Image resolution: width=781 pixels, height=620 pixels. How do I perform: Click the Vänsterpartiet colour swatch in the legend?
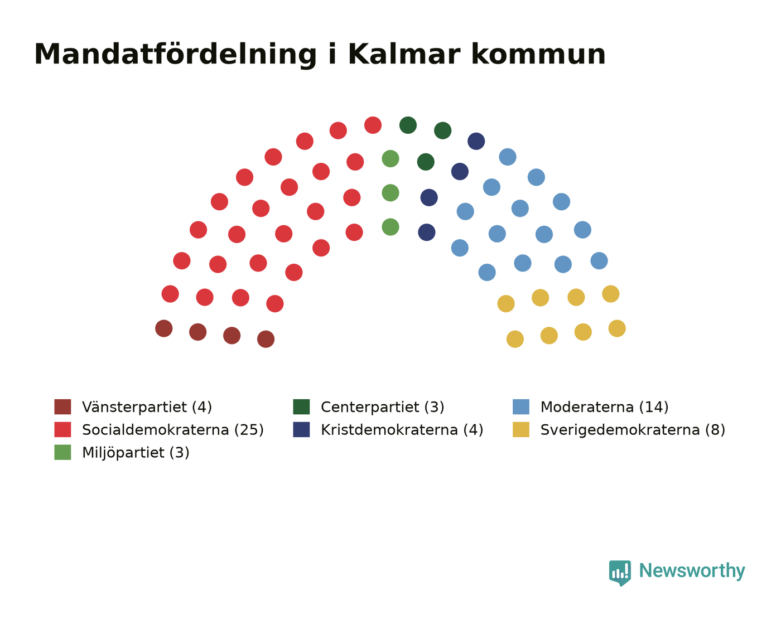coord(62,406)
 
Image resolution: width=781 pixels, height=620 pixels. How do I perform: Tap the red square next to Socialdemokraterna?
coord(62,429)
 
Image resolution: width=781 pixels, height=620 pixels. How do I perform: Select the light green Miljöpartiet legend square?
coord(62,452)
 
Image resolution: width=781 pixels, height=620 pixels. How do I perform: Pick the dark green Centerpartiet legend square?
coord(301,406)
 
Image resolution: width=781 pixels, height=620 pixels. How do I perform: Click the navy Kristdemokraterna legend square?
coord(301,429)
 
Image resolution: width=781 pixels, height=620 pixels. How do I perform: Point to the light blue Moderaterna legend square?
coord(521,406)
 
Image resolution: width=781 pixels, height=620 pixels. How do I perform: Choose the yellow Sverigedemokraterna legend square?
coord(521,429)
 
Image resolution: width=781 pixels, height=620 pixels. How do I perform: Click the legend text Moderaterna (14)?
coord(604,407)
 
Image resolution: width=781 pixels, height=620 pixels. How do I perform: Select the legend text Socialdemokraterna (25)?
coord(173,430)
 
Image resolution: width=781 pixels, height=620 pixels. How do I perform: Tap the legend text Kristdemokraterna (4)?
coord(402,430)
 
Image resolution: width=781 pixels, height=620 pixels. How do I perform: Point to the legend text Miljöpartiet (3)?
coord(136,453)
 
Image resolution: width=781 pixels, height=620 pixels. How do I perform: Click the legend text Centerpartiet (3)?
coord(383,407)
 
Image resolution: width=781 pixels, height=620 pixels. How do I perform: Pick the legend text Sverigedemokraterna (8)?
coord(633,430)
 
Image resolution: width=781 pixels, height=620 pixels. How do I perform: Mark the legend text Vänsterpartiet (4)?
coord(147,407)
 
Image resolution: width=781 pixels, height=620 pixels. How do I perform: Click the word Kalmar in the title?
coord(404,55)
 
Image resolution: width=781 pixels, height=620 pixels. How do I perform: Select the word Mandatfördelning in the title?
coord(176,55)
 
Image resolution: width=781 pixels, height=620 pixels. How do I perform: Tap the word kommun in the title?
coord(538,55)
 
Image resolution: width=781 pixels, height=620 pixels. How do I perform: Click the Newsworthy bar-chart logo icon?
coord(620,573)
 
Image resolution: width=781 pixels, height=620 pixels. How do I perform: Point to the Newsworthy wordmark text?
coord(692,571)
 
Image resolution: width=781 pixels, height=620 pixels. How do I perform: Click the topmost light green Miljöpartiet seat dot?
coord(390,158)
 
